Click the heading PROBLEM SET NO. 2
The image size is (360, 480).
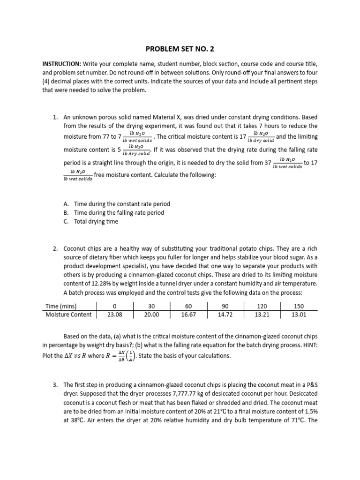coord(180,48)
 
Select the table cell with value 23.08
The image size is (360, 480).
coord(114,315)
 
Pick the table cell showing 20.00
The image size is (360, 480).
coord(151,315)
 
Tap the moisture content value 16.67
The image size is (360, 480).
coord(188,315)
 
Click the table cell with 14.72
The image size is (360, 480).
coord(225,315)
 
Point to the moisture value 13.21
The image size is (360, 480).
coord(262,315)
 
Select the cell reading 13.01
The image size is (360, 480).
coord(299,315)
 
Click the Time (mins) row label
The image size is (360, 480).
coord(65,306)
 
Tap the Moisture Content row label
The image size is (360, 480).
coord(68,315)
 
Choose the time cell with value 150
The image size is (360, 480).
coord(299,306)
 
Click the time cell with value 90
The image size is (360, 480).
coord(225,306)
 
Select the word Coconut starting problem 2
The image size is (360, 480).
coord(75,248)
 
